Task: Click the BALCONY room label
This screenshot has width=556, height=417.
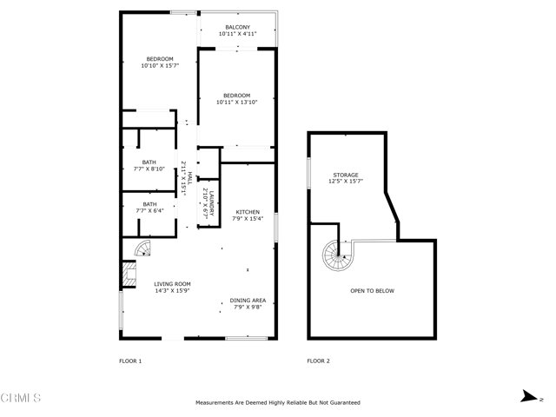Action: [x=237, y=28]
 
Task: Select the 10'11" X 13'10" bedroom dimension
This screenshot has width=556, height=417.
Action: [x=236, y=103]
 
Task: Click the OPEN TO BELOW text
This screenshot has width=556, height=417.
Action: [x=372, y=291]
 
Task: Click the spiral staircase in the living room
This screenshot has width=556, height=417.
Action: [x=142, y=249]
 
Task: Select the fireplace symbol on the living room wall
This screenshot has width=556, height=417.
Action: [x=129, y=276]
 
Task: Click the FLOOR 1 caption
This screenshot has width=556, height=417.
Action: [x=130, y=361]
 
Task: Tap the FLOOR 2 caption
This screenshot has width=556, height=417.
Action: [x=318, y=361]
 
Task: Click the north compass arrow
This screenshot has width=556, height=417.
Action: [x=528, y=396]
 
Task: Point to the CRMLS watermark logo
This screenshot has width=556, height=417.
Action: [x=21, y=399]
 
